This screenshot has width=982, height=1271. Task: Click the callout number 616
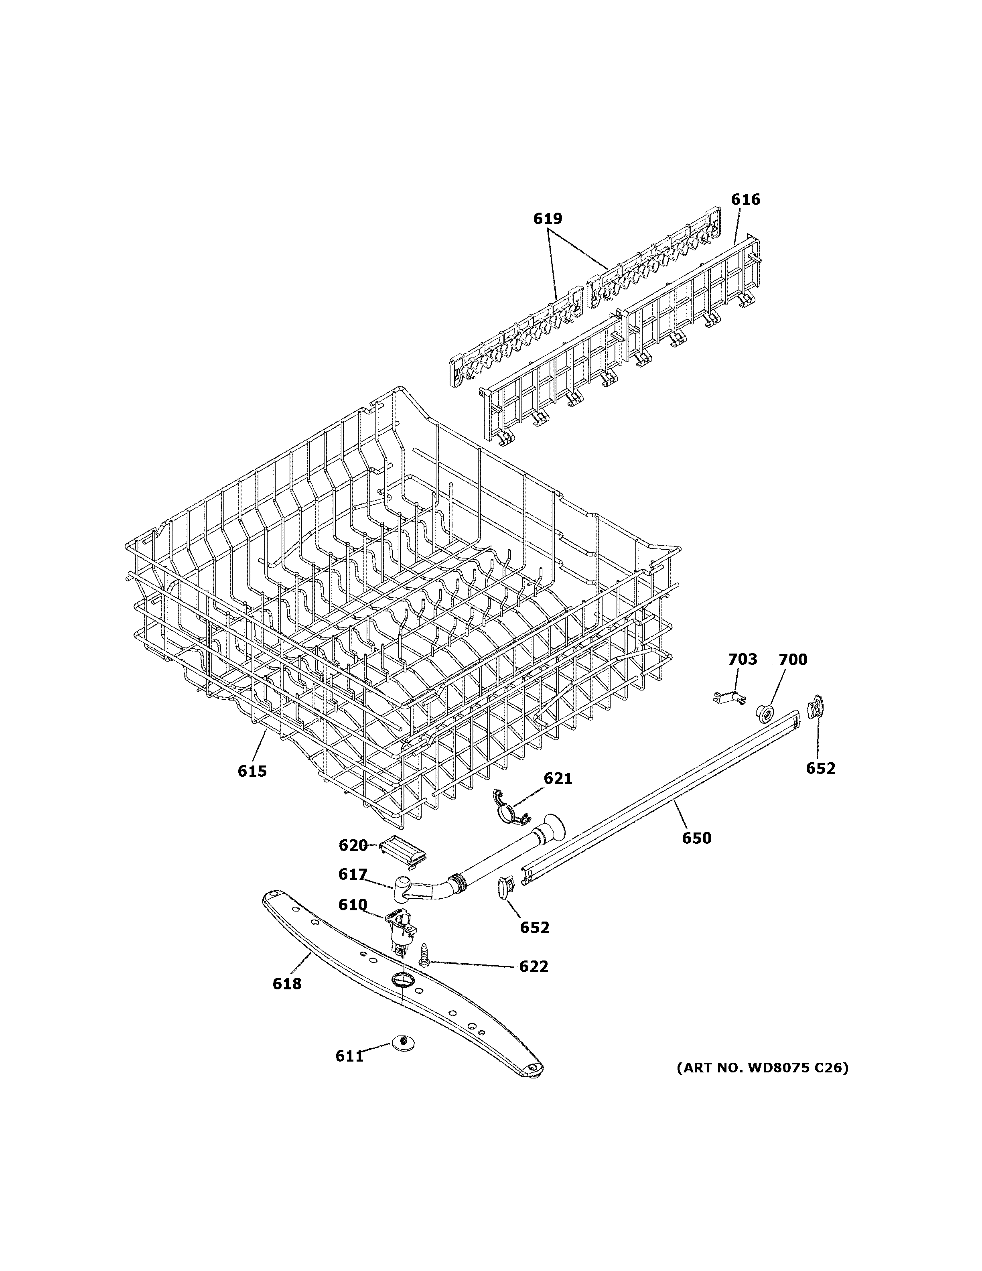coord(745,200)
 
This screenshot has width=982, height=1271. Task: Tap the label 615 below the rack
coord(252,771)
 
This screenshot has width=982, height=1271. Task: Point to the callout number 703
coord(743,659)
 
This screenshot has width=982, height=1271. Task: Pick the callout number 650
coord(696,838)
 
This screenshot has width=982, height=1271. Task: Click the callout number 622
coord(534,966)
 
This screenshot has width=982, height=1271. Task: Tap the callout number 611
coord(350,1056)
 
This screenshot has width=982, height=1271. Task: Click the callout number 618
coord(287,983)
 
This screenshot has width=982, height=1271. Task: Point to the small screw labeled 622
coord(424,954)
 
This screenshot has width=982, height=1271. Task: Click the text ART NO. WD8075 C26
coord(762,1068)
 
